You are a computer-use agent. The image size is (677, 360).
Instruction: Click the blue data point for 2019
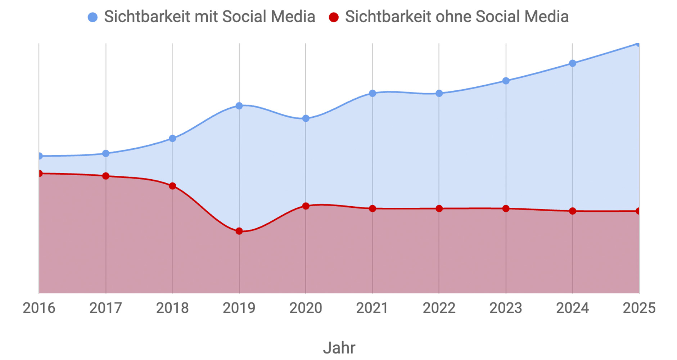tap(239, 106)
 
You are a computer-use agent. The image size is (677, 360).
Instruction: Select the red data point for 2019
tap(239, 231)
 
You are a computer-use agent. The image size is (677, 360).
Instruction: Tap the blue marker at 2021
tap(373, 93)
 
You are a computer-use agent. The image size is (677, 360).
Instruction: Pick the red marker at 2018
tap(172, 186)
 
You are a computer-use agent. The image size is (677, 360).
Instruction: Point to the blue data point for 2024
tap(573, 63)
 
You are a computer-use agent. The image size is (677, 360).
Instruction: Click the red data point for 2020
tap(306, 206)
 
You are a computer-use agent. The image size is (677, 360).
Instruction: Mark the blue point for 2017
tap(106, 153)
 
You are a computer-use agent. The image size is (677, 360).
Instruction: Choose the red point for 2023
tap(506, 208)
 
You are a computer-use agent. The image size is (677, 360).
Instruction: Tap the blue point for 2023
tap(506, 81)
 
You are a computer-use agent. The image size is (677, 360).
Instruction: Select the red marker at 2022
tap(439, 208)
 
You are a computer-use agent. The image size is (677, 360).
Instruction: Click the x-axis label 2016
tap(39, 308)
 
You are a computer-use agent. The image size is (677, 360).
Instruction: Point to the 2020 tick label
tap(306, 308)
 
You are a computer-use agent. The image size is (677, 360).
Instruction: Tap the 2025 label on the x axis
tap(639, 308)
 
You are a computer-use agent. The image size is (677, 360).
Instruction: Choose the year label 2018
tap(172, 308)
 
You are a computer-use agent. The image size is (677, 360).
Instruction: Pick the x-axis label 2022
tap(439, 308)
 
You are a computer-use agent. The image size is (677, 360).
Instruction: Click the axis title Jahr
tap(339, 348)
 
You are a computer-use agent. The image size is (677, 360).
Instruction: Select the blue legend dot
tap(93, 17)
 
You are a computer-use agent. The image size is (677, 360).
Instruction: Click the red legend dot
tap(334, 17)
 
